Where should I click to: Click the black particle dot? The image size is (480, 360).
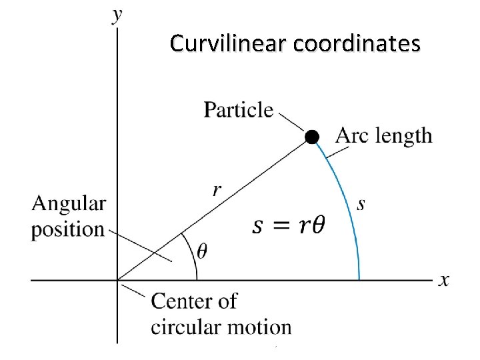point(312,137)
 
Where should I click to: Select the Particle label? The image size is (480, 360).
point(238,109)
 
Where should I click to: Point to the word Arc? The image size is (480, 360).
point(352,136)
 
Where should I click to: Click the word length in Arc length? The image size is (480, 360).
point(404,136)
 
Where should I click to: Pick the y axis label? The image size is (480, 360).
point(118,15)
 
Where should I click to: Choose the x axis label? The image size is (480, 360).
point(443,280)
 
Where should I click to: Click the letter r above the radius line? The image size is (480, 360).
point(217,190)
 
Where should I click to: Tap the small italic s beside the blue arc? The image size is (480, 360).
point(361,204)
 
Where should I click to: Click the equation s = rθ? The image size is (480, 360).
point(289,225)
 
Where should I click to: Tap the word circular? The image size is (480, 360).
point(185,327)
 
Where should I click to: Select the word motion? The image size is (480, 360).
point(259,327)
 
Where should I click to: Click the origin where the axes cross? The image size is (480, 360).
point(117,280)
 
